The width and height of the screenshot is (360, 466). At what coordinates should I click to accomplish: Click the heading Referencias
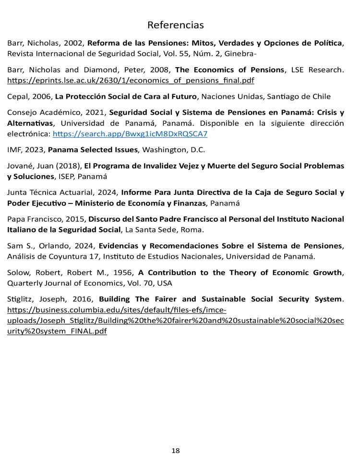(x=175, y=25)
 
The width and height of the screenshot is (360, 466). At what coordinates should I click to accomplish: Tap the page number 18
(x=176, y=451)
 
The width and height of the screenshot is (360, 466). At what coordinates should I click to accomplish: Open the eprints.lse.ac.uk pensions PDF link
(x=131, y=80)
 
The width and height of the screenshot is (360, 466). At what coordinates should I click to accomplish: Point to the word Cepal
(x=17, y=96)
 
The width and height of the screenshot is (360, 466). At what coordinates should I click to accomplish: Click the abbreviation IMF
(x=14, y=150)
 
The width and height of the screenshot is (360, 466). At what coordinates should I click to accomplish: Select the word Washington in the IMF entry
(x=163, y=150)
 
